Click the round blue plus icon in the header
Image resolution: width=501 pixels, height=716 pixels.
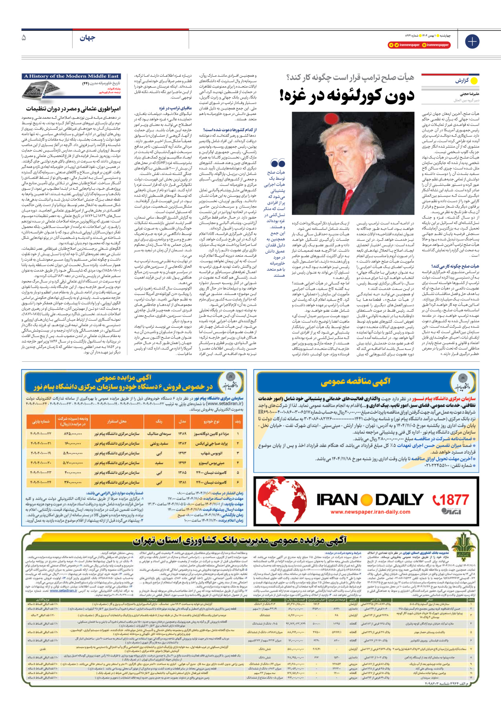click(x=472, y=41)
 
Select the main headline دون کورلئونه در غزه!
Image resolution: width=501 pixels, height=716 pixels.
click(x=347, y=95)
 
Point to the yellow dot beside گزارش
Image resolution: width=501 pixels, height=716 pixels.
click(x=474, y=81)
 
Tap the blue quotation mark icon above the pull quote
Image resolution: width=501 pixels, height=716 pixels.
click(x=278, y=163)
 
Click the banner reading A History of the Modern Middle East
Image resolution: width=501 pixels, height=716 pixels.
click(x=71, y=76)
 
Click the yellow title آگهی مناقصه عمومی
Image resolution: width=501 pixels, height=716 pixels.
click(x=356, y=381)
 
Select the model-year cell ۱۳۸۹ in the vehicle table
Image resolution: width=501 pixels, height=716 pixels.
click(x=182, y=434)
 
